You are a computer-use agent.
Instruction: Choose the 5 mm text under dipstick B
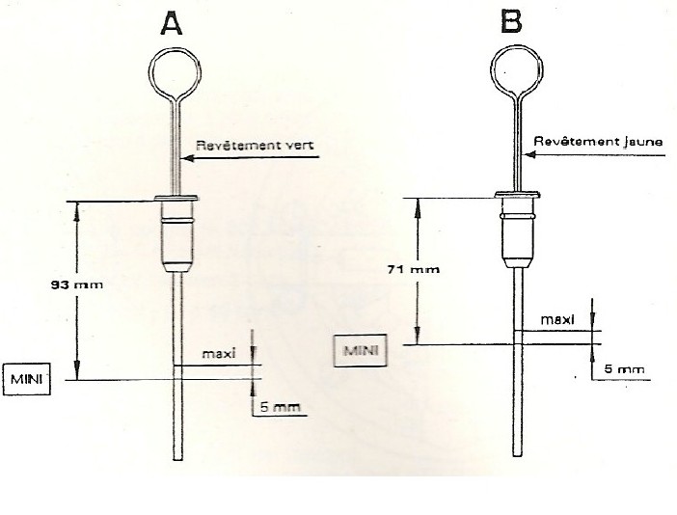pos(622,368)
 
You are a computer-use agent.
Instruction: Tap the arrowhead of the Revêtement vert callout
pos(184,159)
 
